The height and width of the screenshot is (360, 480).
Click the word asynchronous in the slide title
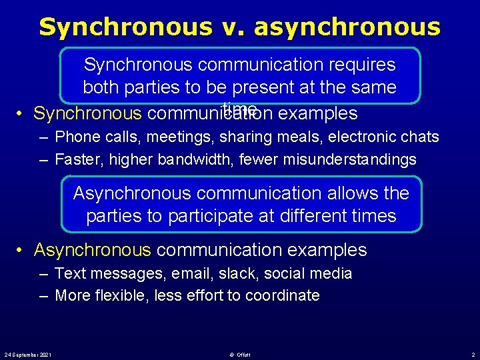(347, 27)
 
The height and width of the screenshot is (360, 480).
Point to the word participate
(241, 216)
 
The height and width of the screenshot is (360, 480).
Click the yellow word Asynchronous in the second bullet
(93, 250)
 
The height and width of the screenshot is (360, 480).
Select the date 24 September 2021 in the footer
(29, 353)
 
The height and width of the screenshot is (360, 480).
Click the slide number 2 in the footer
(472, 353)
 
